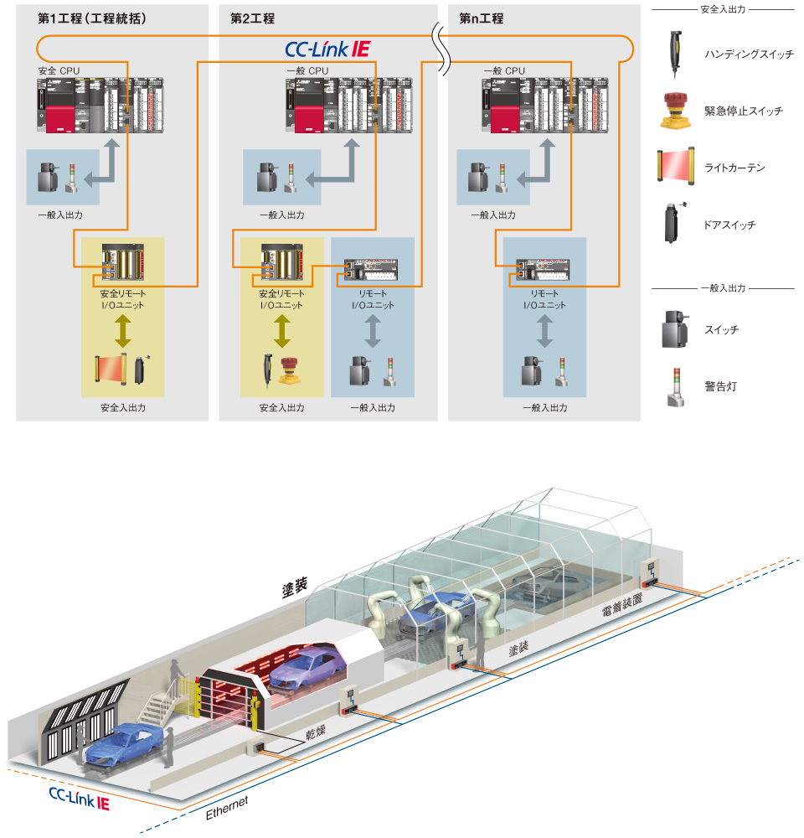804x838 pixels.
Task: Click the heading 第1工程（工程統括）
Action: tap(92, 18)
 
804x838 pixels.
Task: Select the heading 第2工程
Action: tap(252, 18)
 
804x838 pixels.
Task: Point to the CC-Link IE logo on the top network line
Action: tap(327, 49)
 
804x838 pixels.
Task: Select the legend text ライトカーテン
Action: tap(734, 168)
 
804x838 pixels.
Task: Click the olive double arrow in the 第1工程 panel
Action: tap(122, 332)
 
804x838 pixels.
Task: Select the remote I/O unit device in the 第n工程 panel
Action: tap(543, 271)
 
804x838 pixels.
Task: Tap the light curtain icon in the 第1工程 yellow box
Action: tap(110, 370)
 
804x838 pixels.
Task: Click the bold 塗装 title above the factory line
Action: tap(294, 589)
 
